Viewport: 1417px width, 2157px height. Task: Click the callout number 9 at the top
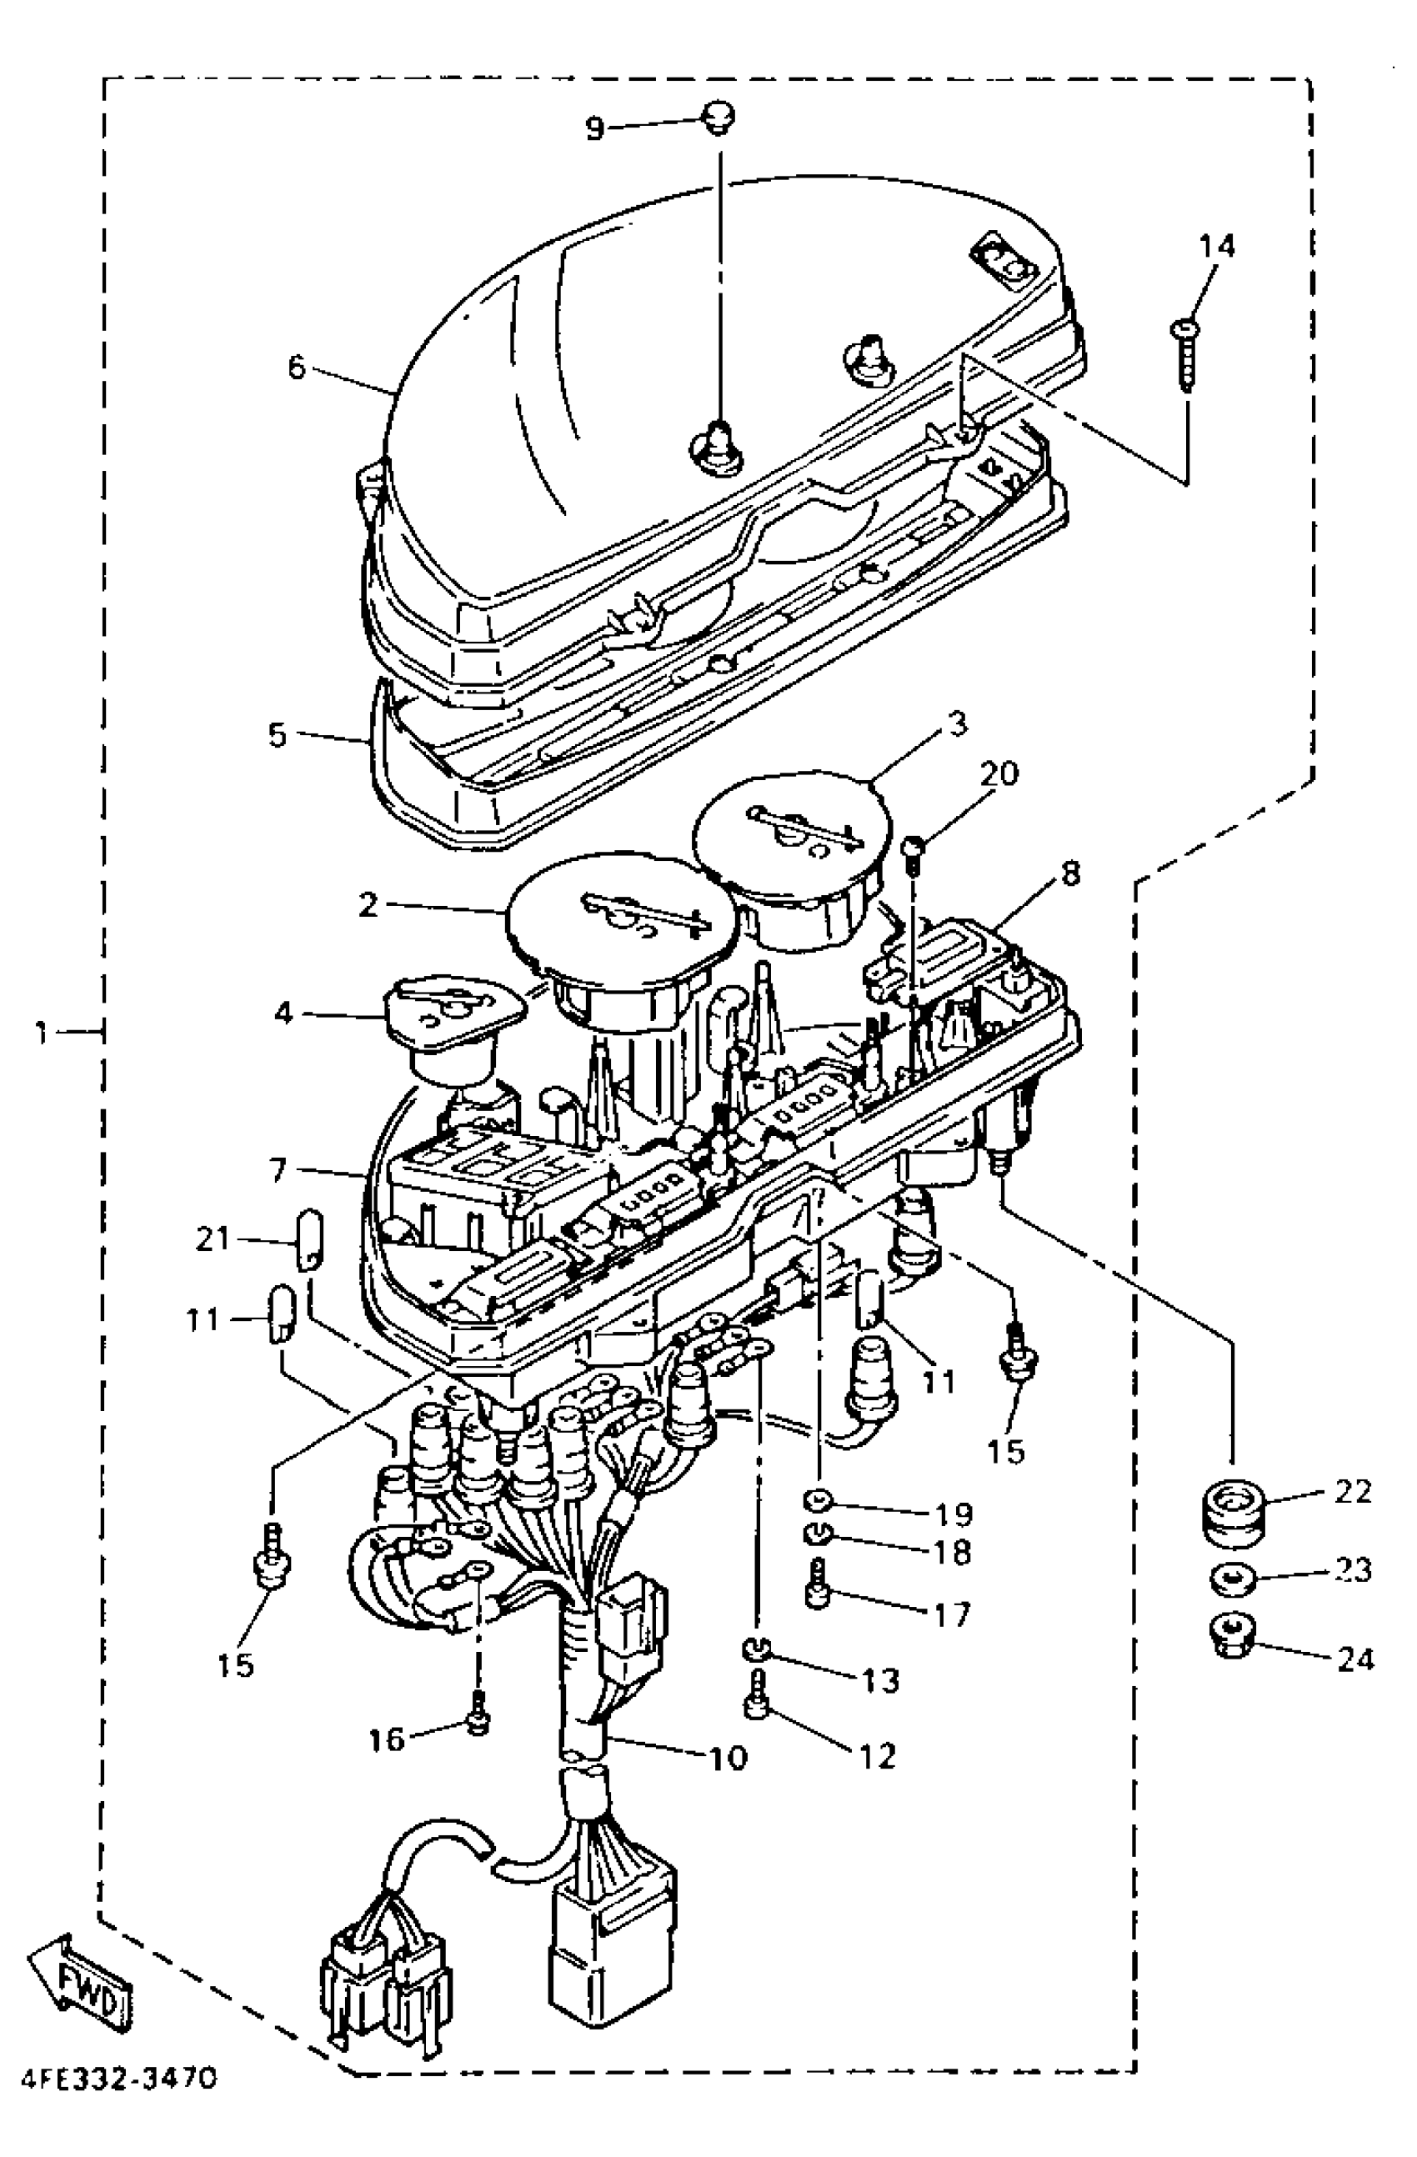click(593, 128)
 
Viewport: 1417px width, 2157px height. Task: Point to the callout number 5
click(278, 733)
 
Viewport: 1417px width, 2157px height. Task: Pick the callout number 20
click(999, 773)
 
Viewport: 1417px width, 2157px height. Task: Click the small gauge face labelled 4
click(453, 1005)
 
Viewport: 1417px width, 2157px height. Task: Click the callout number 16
click(386, 1739)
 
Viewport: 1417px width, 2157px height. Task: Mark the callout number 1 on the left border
click(40, 1031)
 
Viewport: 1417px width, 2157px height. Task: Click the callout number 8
click(1069, 874)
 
